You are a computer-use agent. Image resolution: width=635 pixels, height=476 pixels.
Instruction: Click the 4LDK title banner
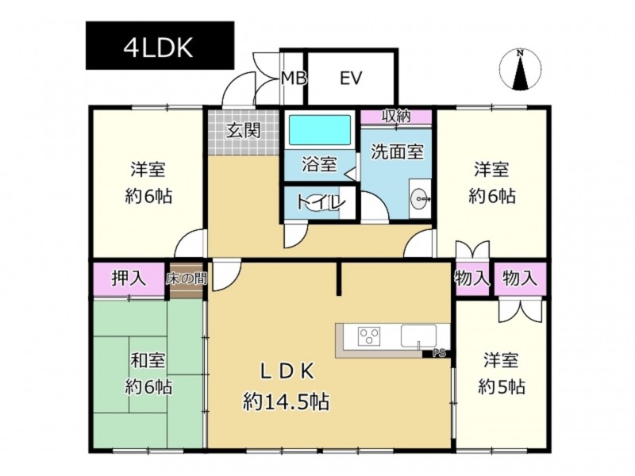[160, 46]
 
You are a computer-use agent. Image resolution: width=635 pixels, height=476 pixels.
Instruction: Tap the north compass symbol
[521, 71]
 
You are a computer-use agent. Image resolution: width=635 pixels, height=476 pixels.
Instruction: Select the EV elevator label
[351, 78]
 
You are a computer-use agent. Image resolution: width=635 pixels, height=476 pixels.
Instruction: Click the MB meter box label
[294, 78]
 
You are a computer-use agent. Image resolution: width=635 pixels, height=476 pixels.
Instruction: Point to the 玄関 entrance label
[243, 130]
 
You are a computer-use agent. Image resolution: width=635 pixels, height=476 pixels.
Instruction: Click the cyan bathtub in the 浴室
[319, 129]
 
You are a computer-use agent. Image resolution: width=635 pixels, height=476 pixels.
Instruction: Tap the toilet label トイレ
[321, 202]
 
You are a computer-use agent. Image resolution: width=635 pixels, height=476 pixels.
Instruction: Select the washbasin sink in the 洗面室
[421, 199]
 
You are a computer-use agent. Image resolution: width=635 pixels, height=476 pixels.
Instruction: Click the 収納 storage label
[396, 116]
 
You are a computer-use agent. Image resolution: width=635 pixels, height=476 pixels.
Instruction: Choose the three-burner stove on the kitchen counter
[369, 336]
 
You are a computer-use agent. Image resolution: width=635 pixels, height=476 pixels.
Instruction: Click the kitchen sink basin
[419, 336]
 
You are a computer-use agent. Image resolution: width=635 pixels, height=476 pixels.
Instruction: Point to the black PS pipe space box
[437, 353]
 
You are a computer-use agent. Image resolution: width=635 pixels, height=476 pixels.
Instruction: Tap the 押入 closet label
[129, 278]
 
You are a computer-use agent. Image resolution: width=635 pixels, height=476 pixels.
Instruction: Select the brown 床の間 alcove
[187, 280]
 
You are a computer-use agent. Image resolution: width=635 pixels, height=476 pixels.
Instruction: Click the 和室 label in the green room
[148, 360]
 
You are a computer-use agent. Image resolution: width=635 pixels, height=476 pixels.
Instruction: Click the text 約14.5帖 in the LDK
[286, 402]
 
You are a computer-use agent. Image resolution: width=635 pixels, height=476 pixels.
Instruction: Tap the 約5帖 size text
[502, 387]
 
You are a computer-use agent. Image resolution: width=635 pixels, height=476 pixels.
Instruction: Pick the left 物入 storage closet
[472, 279]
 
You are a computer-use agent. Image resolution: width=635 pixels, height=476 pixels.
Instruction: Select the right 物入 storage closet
[520, 279]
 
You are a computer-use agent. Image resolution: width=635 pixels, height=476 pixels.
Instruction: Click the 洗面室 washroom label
[398, 152]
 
